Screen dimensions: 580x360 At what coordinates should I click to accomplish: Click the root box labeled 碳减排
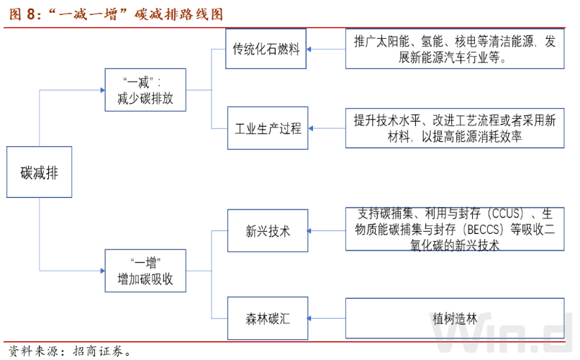click(39, 172)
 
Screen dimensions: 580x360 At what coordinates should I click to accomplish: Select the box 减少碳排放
click(145, 90)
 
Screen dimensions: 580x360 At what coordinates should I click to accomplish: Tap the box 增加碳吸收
click(145, 271)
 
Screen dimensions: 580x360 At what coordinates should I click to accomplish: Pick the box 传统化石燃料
click(266, 49)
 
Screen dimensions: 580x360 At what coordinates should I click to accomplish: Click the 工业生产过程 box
click(268, 128)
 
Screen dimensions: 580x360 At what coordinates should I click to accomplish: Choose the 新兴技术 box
click(268, 231)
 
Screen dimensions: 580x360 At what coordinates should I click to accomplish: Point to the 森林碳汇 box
click(268, 318)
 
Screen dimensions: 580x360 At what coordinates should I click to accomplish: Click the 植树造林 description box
click(455, 318)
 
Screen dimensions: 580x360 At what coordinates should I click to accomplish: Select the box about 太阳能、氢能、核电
click(455, 49)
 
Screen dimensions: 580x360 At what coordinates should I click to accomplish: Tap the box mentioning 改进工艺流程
click(455, 128)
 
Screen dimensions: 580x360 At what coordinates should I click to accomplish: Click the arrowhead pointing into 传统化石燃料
click(309, 49)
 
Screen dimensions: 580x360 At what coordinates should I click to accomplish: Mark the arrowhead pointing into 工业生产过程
click(311, 128)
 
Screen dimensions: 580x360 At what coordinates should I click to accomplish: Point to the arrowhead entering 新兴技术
click(309, 231)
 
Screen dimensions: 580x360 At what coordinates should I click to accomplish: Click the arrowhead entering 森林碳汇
click(309, 318)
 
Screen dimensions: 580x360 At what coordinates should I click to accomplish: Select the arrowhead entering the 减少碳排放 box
click(103, 90)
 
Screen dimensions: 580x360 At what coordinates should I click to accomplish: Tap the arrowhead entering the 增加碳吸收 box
click(103, 271)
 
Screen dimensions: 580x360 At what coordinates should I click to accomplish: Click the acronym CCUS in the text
click(506, 214)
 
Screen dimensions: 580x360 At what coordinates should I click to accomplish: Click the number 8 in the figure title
click(31, 14)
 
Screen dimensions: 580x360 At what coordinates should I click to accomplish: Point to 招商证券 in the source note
click(98, 351)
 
